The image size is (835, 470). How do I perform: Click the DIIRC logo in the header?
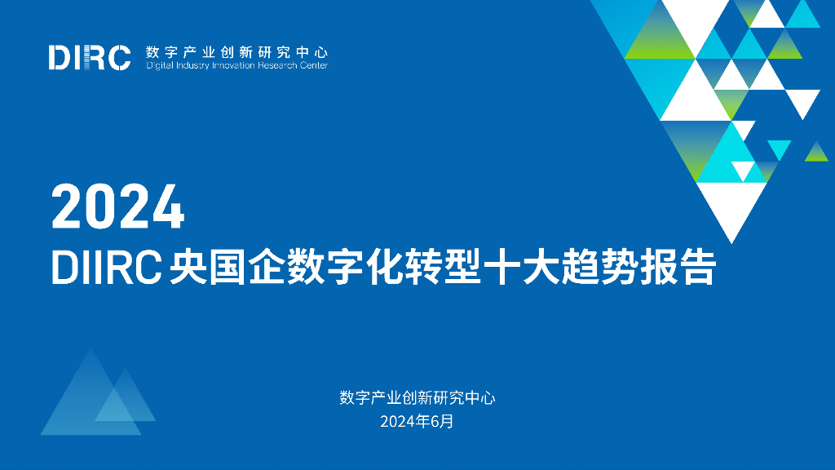90,57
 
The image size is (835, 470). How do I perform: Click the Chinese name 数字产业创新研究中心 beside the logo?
236,51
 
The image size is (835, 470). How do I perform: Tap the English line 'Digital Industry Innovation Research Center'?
236,66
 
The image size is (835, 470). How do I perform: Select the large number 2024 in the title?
118,206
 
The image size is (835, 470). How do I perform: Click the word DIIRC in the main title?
105,268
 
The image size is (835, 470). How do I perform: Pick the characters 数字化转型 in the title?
377,268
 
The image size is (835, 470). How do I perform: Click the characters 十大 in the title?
522,268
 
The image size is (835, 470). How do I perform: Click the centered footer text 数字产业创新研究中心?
417,398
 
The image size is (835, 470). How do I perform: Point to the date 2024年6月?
417,422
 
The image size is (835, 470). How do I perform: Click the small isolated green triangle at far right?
816,153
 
